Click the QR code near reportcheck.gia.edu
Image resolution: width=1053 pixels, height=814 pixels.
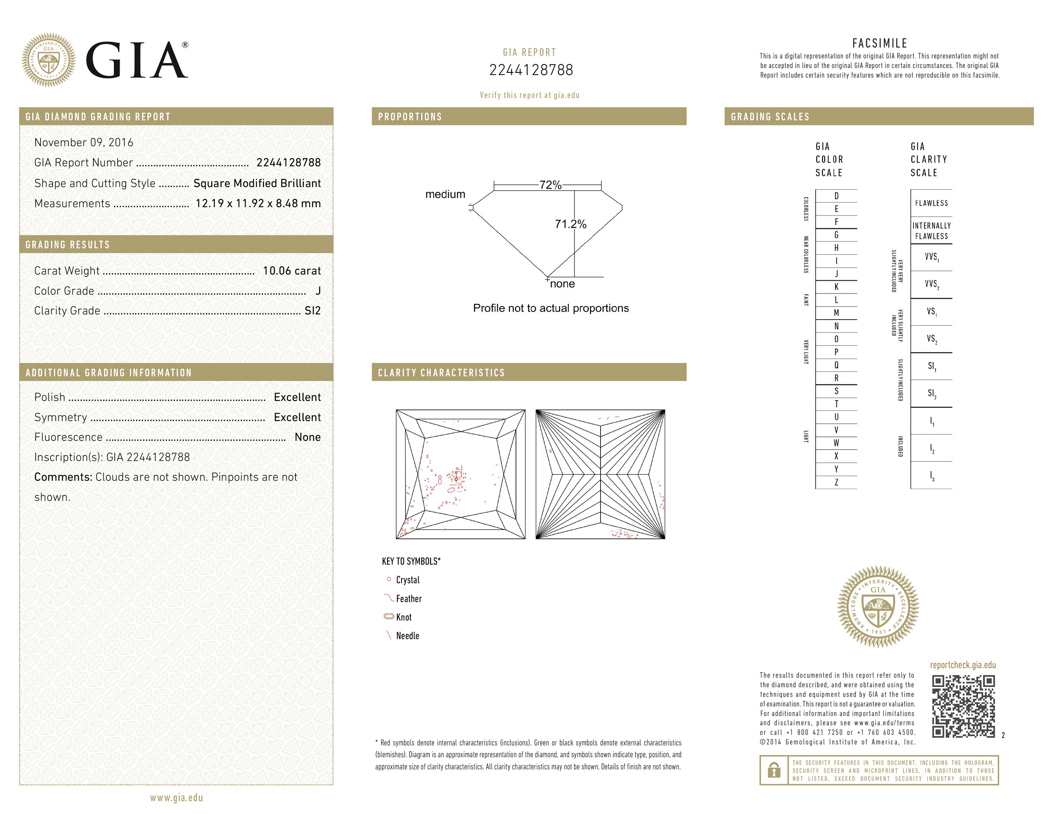(963, 706)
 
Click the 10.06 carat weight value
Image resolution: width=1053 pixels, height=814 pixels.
(291, 271)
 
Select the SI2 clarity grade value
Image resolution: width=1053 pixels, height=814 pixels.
(312, 310)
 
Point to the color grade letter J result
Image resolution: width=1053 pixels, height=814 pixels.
(318, 291)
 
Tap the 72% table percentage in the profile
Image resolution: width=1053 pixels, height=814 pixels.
(550, 185)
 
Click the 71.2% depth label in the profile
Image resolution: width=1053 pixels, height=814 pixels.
(570, 224)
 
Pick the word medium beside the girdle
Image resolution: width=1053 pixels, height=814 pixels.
(445, 194)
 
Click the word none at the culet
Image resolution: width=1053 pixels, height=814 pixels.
(562, 284)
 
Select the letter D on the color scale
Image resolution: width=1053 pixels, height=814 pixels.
(836, 196)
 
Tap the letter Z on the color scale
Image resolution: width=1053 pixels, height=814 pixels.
(836, 482)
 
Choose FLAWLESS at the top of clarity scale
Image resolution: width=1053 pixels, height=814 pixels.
(931, 203)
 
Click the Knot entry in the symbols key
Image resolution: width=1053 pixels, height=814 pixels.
(403, 617)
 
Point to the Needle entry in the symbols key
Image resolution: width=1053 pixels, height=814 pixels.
(407, 636)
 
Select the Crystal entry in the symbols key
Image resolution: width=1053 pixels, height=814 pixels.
(407, 580)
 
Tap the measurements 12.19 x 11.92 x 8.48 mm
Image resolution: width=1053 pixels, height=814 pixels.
(258, 203)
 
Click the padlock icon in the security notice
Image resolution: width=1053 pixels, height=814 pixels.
(774, 770)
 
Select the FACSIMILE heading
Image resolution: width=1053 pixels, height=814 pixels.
(880, 43)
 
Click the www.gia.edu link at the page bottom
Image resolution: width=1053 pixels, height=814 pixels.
(176, 798)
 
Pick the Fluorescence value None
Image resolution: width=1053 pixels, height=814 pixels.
(308, 437)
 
